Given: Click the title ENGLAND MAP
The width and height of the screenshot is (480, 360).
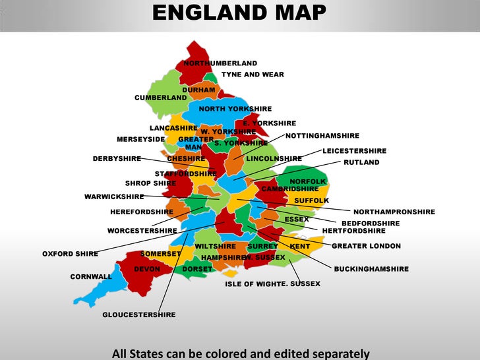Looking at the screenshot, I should click(239, 12).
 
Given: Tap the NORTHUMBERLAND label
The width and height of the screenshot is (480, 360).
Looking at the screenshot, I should click(220, 63).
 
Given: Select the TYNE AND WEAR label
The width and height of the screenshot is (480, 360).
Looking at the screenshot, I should click(253, 75).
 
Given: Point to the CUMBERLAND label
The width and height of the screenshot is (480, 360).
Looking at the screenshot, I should click(161, 98).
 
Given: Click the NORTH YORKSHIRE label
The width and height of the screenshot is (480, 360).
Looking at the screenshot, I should click(235, 109).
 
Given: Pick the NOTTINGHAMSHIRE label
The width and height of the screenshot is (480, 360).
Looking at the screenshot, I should click(322, 135).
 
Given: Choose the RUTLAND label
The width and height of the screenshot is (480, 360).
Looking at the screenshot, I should click(361, 162).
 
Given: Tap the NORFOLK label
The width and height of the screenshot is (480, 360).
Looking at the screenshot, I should click(308, 181).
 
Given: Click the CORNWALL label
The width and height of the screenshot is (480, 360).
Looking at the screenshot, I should click(91, 276).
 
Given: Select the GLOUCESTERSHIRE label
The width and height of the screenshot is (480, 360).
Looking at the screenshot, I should click(139, 315).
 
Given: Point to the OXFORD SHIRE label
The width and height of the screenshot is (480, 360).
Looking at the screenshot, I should click(70, 253).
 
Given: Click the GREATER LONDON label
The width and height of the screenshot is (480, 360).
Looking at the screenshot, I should click(366, 246).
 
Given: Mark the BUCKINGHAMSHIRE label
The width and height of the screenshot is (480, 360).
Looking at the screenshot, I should click(371, 269).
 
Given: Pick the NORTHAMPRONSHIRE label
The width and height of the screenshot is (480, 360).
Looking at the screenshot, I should click(394, 212).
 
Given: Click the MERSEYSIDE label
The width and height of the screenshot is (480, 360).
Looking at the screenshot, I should click(140, 139).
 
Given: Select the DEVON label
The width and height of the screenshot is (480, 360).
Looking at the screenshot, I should click(147, 269).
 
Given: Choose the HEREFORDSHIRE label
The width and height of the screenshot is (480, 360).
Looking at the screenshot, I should click(142, 212).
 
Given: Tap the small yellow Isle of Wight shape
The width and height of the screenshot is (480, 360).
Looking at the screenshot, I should click(230, 272).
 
